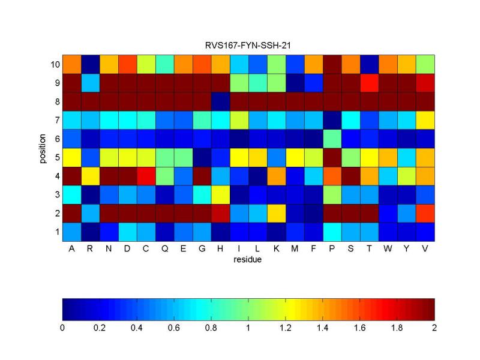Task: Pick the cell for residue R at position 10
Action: [x=90, y=64]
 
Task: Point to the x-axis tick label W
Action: [x=388, y=250]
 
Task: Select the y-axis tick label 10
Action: [x=53, y=64]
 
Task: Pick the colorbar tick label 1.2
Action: [x=285, y=328]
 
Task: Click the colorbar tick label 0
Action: [x=62, y=328]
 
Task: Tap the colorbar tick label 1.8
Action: [x=397, y=328]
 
